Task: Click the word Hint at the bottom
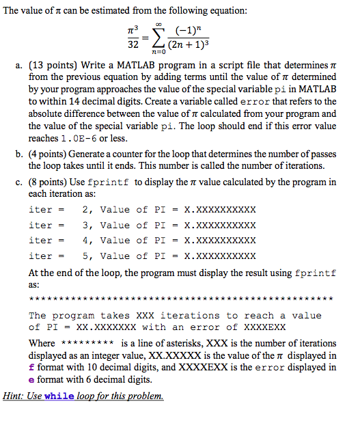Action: (14, 396)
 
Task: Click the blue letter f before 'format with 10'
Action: (31, 368)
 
